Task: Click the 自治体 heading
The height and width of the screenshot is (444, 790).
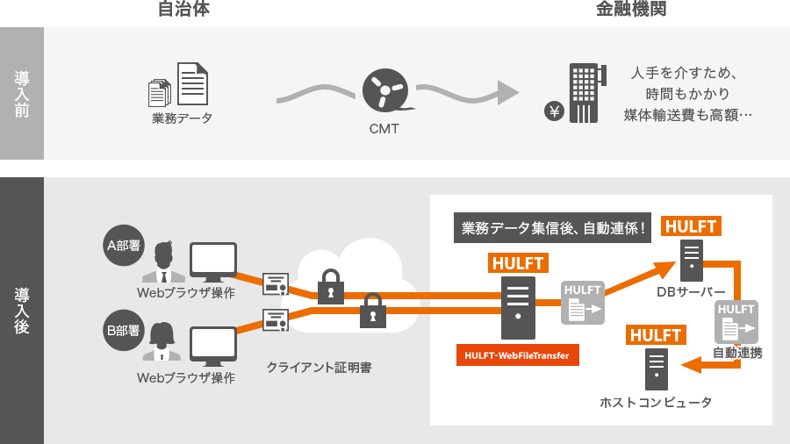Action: pos(183,11)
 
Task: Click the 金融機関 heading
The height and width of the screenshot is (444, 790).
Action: pos(630,11)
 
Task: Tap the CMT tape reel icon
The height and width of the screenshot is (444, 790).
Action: pos(386,91)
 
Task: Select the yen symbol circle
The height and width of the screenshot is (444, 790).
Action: pos(554,111)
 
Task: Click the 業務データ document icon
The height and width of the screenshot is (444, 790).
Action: pos(180,86)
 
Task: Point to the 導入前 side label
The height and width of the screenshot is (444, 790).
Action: pos(22,94)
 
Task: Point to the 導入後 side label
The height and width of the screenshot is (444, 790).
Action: pos(22,311)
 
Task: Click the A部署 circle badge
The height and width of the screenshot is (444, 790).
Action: pos(123,246)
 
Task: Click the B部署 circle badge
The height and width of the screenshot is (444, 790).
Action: pos(123,330)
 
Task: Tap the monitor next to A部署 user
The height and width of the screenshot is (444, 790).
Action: pos(213,262)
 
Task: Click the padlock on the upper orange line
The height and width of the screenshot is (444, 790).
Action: pos(330,286)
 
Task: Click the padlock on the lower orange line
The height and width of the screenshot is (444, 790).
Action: pos(373,310)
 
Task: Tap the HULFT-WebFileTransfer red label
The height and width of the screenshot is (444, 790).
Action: pos(517,355)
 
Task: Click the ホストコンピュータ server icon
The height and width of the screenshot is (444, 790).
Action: pos(657,369)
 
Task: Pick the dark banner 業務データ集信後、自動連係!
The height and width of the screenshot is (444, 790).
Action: pos(553,227)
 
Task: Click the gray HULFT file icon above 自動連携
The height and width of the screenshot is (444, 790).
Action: pos(736,322)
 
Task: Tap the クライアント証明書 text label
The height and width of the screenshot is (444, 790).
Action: pos(319,368)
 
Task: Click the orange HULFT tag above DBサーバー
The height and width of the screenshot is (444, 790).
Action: pos(691,226)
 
